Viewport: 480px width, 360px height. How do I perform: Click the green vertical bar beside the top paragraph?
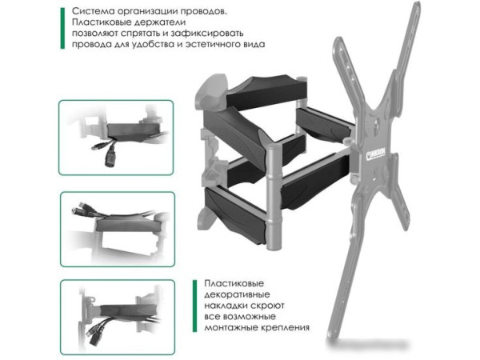coord(62,29)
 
